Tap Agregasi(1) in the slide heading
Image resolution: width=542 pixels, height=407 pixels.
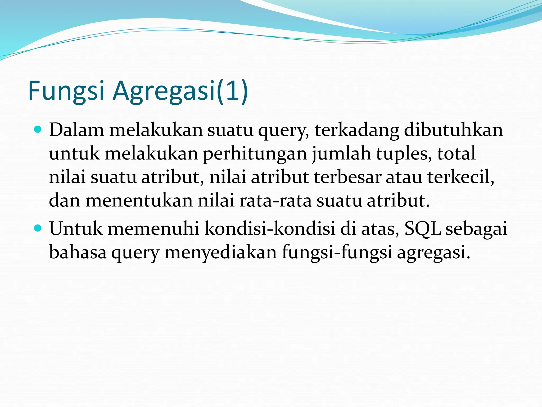point(180,91)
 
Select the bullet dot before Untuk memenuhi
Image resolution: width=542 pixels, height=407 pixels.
point(38,228)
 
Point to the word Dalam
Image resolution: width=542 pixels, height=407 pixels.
point(76,130)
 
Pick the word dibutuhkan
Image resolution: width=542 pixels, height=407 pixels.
point(453,130)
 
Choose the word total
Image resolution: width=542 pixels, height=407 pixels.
point(456,154)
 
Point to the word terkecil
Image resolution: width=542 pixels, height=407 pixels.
point(461,177)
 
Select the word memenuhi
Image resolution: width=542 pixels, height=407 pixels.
point(153,228)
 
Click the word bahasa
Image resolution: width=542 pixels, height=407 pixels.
point(78,252)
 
